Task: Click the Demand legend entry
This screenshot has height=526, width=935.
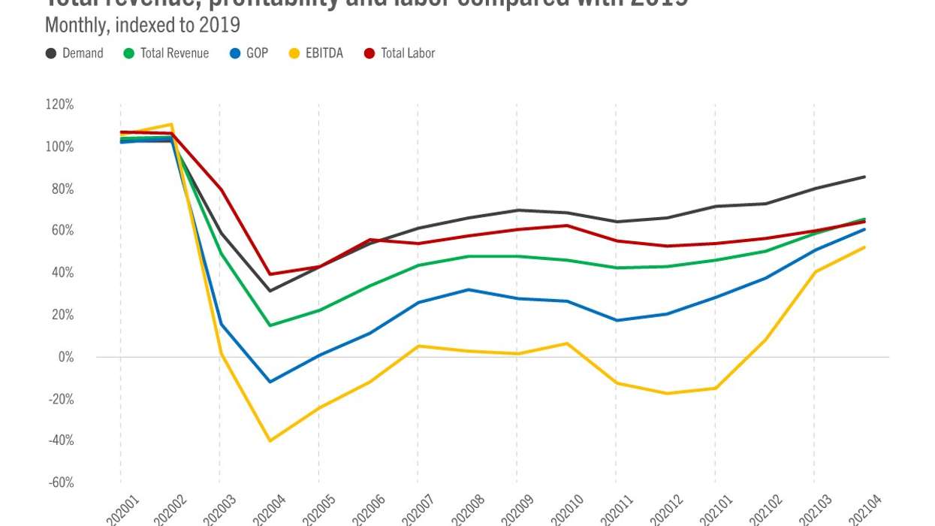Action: click(74, 53)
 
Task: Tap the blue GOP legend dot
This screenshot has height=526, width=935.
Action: click(235, 53)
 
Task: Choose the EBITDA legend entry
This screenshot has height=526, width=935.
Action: click(315, 53)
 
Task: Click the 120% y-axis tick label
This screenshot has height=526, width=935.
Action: click(59, 104)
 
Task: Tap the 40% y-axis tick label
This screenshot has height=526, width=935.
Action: click(62, 273)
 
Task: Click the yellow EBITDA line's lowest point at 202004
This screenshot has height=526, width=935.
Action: click(269, 440)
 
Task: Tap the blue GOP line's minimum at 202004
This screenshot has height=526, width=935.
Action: click(269, 382)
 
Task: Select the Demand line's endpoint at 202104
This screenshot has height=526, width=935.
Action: click(865, 177)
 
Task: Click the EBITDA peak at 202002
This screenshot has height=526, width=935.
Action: click(170, 124)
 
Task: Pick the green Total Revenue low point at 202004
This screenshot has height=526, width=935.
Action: click(269, 325)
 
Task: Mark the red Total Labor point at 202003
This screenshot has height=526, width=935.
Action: click(220, 189)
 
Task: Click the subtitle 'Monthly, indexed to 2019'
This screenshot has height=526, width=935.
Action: click(142, 25)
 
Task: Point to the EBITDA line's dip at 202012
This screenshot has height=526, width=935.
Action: click(665, 393)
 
